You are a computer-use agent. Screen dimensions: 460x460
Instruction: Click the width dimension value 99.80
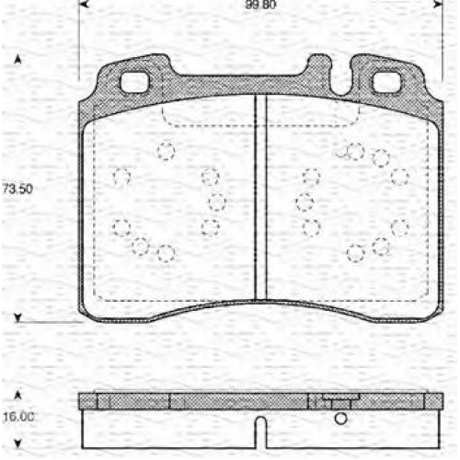click(x=260, y=5)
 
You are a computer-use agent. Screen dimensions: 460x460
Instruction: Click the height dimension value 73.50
click(x=17, y=189)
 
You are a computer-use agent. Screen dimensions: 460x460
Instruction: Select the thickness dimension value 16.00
click(x=18, y=417)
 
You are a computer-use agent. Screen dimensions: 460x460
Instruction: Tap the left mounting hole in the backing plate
click(x=134, y=83)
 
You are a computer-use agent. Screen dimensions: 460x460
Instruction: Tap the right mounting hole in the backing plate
click(x=386, y=83)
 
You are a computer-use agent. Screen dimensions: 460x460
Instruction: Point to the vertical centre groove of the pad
click(x=261, y=197)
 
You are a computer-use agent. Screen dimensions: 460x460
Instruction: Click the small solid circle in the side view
click(x=341, y=419)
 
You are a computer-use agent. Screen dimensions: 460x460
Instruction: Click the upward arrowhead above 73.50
click(x=17, y=60)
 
